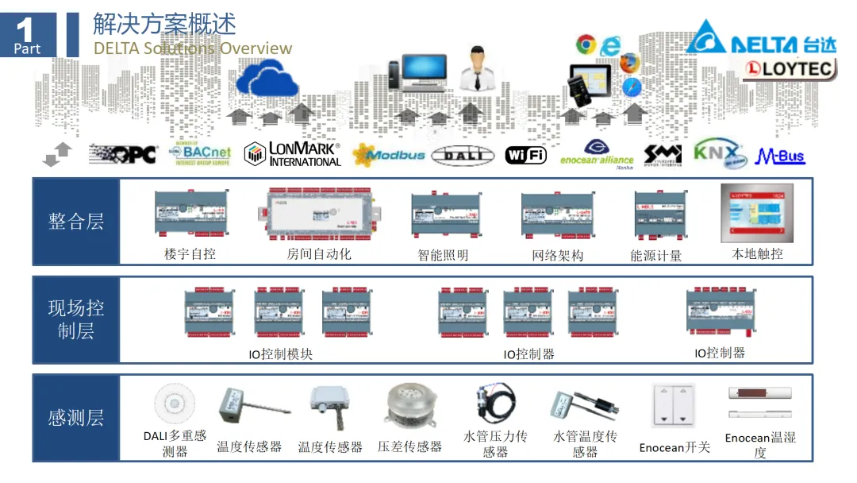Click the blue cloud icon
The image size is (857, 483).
click(x=267, y=77)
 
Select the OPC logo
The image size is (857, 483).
click(x=123, y=153)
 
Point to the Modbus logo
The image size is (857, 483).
click(x=389, y=154)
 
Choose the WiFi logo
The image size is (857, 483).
click(x=525, y=155)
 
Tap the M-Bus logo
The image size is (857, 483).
click(x=780, y=156)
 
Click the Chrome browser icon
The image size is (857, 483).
click(x=586, y=44)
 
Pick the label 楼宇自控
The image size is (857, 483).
click(x=190, y=254)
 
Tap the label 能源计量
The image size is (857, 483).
click(x=655, y=256)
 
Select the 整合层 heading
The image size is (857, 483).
click(x=76, y=222)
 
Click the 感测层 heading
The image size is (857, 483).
click(x=76, y=418)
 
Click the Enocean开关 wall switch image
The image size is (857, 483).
click(x=673, y=406)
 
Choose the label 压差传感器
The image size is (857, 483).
click(x=409, y=446)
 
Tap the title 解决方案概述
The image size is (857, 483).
click(x=164, y=24)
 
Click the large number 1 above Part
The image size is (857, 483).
click(x=26, y=30)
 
